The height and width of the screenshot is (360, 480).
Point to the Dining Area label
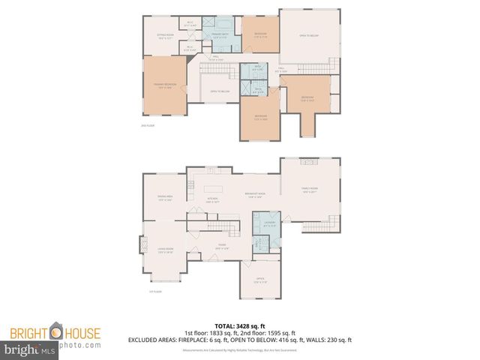(x=166, y=199)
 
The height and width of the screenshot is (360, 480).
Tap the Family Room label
(x=310, y=190)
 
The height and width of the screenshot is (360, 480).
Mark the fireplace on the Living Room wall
(x=141, y=245)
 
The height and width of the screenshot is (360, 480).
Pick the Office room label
(x=260, y=280)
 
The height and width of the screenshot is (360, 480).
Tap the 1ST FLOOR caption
(x=154, y=292)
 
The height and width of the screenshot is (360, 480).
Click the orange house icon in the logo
(x=55, y=331)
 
